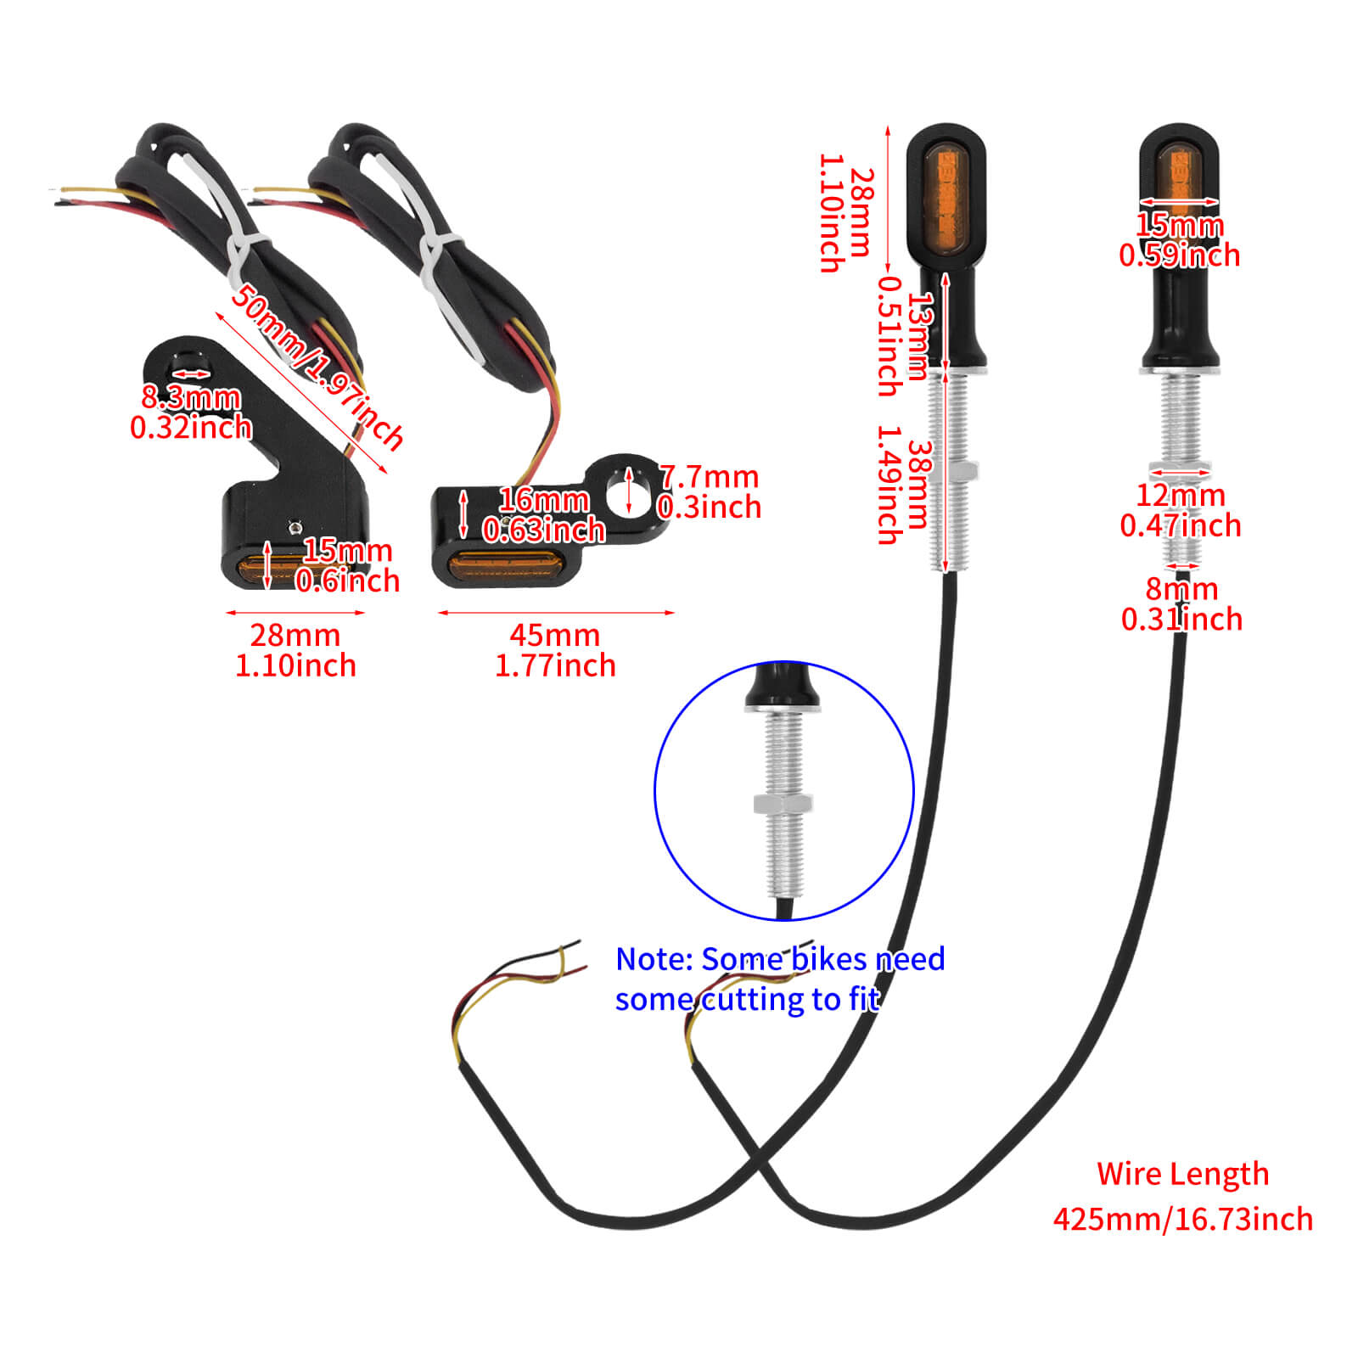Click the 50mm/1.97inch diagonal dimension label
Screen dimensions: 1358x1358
tap(317, 367)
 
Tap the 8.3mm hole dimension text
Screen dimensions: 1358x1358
tap(191, 397)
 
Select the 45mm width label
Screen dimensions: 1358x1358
tap(554, 635)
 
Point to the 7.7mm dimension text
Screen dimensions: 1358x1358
tap(710, 477)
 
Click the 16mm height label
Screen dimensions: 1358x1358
tap(544, 500)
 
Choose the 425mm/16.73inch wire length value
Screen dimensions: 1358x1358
tap(1182, 1220)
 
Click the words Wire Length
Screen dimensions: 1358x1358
tap(1182, 1174)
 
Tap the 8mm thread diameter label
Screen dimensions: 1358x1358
tap(1181, 589)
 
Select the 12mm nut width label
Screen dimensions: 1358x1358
tap(1181, 496)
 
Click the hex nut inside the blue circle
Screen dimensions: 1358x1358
tap(783, 803)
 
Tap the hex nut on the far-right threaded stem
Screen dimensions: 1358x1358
tap(1180, 469)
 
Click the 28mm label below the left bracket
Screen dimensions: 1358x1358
tap(295, 635)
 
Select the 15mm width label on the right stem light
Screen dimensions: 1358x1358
tap(1180, 226)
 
